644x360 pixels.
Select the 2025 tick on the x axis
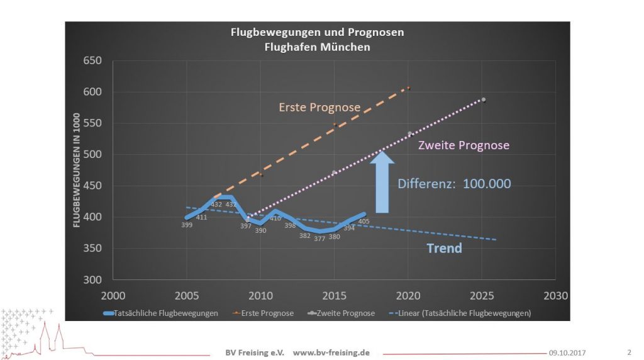(483, 295)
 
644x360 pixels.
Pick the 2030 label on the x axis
(556, 295)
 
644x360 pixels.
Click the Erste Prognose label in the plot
(319, 108)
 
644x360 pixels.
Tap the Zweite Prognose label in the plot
(464, 145)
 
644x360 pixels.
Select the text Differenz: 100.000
(454, 184)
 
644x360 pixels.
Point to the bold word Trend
(444, 248)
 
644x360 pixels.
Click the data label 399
(187, 225)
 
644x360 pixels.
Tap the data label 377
(319, 239)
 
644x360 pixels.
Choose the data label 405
(364, 221)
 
